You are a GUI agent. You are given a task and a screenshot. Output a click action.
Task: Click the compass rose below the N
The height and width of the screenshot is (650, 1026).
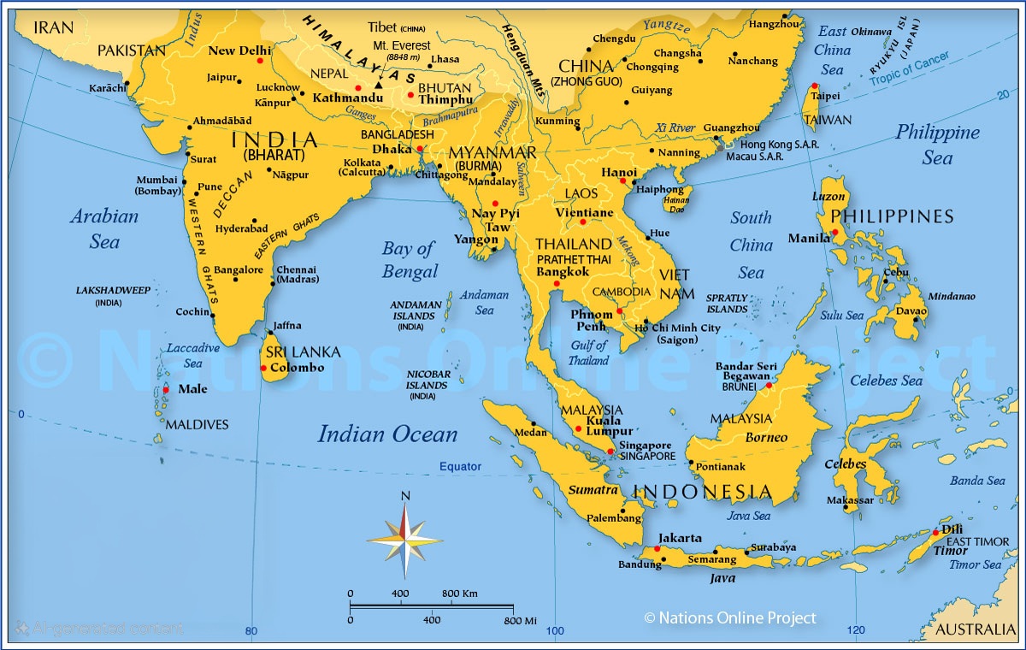[x=405, y=540]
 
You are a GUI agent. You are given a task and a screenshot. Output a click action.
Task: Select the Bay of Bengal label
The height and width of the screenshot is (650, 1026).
[x=410, y=260]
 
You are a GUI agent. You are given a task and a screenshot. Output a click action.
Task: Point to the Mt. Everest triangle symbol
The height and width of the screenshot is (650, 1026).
[x=378, y=86]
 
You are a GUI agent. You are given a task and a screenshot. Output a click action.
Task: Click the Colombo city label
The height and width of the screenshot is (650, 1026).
[x=297, y=368]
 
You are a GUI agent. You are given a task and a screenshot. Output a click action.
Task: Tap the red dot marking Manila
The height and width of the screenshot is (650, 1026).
[x=834, y=233]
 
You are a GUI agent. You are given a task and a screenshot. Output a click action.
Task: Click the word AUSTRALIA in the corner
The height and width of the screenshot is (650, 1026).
[x=975, y=630]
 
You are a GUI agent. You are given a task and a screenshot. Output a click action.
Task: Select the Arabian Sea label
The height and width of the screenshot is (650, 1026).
[x=104, y=228]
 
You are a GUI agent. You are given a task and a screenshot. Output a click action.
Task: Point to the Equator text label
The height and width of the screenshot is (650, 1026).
[x=461, y=467]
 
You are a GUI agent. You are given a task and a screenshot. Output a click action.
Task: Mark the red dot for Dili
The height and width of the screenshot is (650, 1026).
[x=935, y=533]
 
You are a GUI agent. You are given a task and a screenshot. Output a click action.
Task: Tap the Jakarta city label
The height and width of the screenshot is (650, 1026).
[x=680, y=539]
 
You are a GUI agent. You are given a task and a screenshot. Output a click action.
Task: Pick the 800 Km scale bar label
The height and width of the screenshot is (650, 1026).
[x=460, y=594]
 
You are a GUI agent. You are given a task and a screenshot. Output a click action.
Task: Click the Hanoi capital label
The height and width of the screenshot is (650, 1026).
[x=619, y=172]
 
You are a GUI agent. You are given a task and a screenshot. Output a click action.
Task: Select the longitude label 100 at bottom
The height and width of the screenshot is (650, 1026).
[x=555, y=631]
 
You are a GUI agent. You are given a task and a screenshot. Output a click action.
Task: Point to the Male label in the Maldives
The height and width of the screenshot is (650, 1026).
[x=192, y=389]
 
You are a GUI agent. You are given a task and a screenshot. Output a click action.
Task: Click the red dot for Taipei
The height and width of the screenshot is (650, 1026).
[x=814, y=86]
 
